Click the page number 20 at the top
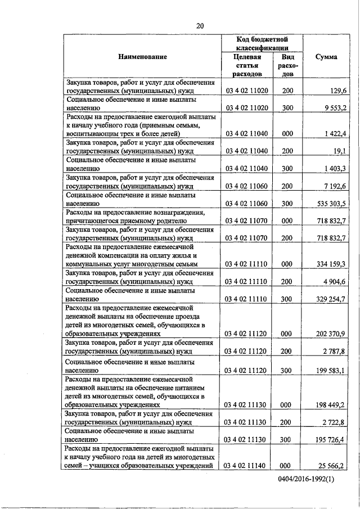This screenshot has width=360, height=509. point(200,25)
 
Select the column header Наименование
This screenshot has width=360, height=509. point(143,57)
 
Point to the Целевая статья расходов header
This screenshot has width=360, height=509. point(247,66)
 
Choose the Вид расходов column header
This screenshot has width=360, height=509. point(287,66)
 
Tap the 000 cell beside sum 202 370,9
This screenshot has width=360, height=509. point(287,334)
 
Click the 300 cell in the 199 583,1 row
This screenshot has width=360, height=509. point(287,371)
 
